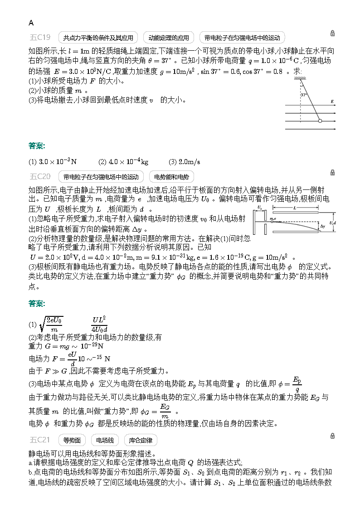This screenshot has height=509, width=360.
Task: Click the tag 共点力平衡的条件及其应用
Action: point(98,38)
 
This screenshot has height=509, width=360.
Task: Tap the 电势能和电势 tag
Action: point(171,176)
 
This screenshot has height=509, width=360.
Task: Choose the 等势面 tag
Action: point(72,440)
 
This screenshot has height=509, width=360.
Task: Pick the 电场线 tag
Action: point(105,440)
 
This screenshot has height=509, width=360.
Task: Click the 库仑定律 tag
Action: point(141,440)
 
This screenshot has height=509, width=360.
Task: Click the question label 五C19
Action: point(40,37)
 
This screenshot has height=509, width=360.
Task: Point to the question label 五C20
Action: point(40,176)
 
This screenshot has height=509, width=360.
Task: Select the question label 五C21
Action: point(40,439)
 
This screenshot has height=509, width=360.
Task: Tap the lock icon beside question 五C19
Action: point(332,33)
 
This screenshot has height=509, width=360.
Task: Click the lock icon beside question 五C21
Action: point(332,436)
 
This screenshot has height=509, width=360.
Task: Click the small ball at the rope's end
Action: point(320,121)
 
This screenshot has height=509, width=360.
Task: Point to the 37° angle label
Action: point(304,95)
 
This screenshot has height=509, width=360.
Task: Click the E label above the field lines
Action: point(332,102)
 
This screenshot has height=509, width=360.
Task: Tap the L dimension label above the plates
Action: point(295,208)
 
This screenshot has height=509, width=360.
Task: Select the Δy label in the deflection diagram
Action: point(322,226)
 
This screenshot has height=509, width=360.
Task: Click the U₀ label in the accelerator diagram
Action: point(259,208)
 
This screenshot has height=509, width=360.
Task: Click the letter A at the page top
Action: point(31,23)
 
